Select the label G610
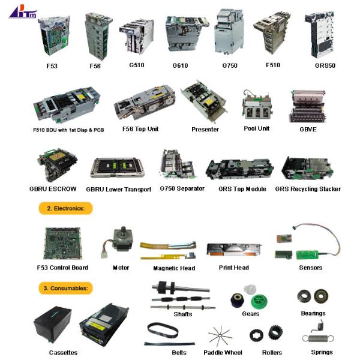(179, 65)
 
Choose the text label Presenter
(205, 129)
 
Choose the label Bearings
(313, 313)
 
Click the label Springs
(322, 352)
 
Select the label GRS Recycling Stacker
(308, 189)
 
